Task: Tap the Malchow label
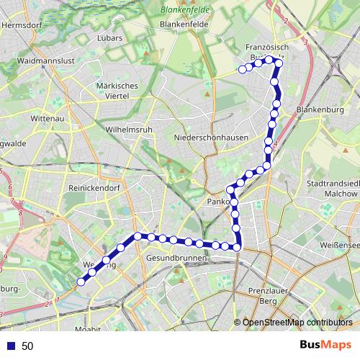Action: point(341,193)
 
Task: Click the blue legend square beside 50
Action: point(11,346)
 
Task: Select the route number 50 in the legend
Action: point(27,346)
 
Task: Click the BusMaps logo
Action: point(325,345)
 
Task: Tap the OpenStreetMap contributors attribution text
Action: point(297,323)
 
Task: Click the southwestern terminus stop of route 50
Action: point(81,282)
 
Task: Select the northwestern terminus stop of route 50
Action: point(242,70)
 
